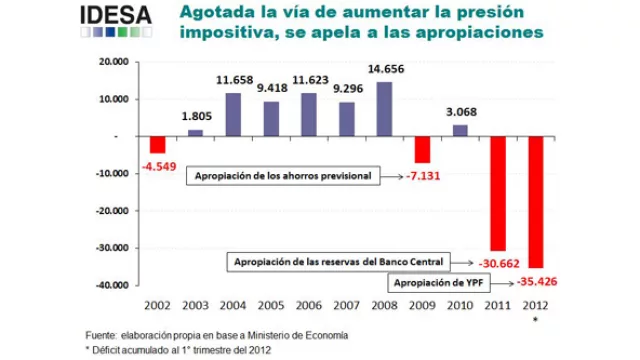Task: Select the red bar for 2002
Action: tap(157, 144)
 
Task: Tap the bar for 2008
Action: tap(384, 109)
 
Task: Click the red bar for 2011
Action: tap(497, 193)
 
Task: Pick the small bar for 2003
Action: tap(195, 132)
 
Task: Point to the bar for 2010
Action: tap(460, 130)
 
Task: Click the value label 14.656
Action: tap(384, 69)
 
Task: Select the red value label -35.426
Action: tap(538, 281)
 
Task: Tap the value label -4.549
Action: tap(158, 165)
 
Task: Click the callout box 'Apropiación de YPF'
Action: tap(436, 282)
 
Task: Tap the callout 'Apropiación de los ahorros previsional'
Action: tap(283, 176)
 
